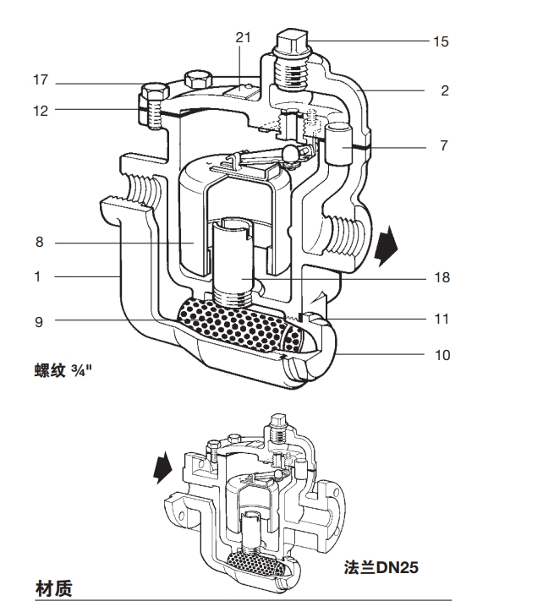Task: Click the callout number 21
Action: point(244,36)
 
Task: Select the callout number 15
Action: point(442,41)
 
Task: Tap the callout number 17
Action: point(41,81)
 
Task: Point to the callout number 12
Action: point(41,110)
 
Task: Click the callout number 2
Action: point(445,90)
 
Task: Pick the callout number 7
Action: point(445,146)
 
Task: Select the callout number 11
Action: point(442,320)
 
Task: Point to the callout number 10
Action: point(442,355)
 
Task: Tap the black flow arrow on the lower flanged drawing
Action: point(163,467)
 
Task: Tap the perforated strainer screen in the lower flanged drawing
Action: point(251,562)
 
